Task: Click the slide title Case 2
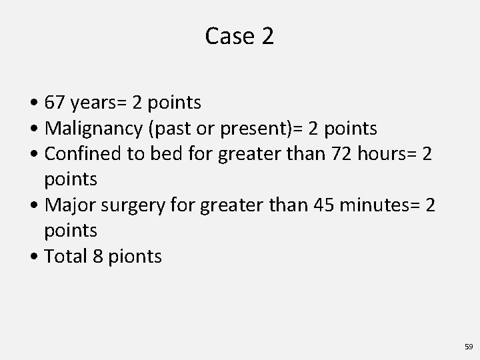(239, 36)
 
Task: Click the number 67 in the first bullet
(54, 103)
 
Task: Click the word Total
(65, 257)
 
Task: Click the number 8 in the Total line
(97, 257)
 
